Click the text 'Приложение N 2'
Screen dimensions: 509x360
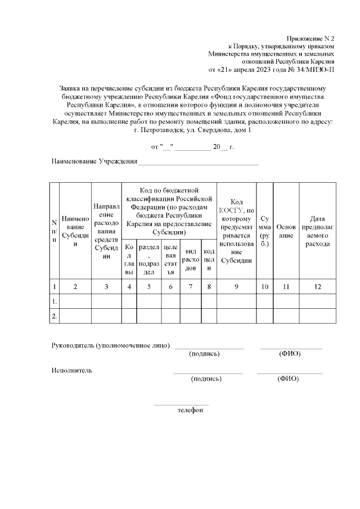(x=310, y=35)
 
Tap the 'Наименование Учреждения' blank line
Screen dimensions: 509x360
(x=199, y=162)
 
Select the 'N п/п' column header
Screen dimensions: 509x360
(x=54, y=231)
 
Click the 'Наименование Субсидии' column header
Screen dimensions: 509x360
(x=75, y=231)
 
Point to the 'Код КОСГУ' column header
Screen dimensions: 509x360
(x=236, y=231)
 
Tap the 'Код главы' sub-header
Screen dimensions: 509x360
(x=129, y=259)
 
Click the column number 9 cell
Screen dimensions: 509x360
(x=236, y=287)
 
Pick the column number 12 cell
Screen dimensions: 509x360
(x=318, y=287)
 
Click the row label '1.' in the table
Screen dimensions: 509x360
(x=54, y=301)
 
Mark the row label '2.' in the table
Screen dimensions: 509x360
(x=54, y=317)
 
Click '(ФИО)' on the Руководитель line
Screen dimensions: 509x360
(x=290, y=354)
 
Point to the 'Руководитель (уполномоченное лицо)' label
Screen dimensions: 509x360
(x=110, y=345)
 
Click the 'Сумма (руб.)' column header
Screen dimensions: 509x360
(x=264, y=231)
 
